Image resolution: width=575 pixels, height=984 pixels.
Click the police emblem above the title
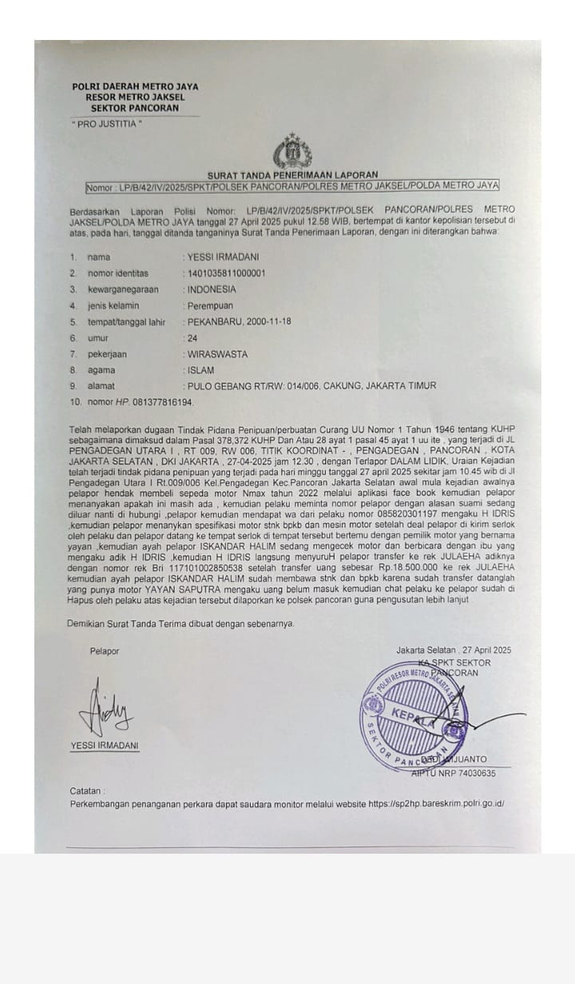pos(293,151)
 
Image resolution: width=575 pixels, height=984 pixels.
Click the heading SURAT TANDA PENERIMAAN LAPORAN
pos(293,174)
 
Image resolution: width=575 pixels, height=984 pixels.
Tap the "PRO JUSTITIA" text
pos(106,124)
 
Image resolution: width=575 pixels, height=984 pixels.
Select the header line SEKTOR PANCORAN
pos(135,108)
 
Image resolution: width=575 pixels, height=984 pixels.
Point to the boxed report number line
pos(292,185)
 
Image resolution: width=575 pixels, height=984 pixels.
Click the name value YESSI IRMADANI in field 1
pos(223,257)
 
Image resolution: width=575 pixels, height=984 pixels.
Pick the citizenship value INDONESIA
pos(212,289)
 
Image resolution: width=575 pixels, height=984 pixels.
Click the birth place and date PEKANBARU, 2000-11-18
pos(240,322)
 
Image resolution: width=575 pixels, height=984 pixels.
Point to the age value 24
pos(192,338)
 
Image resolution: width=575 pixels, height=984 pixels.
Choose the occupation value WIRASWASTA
pos(217,354)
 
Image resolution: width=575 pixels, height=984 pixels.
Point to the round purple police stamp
pos(414,714)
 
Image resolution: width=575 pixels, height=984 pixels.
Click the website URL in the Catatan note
pos(436,803)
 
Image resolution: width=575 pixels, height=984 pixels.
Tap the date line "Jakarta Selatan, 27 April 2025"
pos(454,650)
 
